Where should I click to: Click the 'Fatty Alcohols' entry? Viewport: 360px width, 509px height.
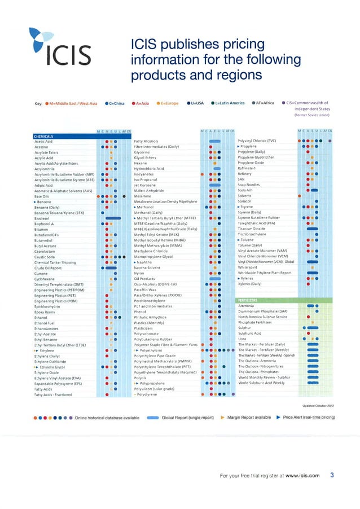pos(146,141)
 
